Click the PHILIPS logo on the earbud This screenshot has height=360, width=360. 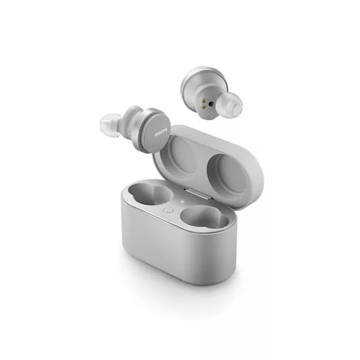(x=161, y=132)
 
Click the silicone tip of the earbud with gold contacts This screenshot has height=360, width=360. (x=230, y=105)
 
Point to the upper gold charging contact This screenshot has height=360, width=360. (x=204, y=101)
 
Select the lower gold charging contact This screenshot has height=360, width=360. (x=203, y=107)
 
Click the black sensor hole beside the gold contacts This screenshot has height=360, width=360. (x=211, y=104)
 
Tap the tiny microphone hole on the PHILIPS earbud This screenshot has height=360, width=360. (x=129, y=132)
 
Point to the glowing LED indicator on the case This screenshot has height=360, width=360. (x=183, y=202)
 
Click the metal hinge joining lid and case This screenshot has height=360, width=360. (x=198, y=193)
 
